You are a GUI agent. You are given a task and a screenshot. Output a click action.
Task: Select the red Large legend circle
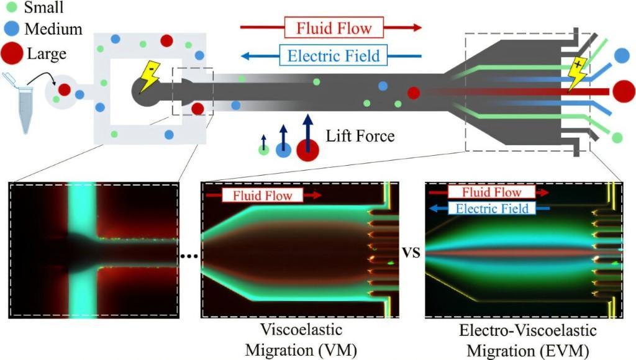tap(13, 53)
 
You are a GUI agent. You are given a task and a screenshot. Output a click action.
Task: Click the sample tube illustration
tap(23, 104)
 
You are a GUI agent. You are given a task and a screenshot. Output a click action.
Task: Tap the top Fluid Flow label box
tap(334, 28)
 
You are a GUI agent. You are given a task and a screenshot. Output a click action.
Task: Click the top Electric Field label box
tap(334, 56)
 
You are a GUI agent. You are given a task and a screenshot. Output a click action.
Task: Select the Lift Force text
tap(360, 135)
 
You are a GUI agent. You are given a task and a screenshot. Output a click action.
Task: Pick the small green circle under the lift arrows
tap(264, 150)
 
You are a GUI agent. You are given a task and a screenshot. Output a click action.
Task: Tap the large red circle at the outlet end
tap(623, 91)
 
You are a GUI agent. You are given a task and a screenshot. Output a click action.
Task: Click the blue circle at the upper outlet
tap(621, 55)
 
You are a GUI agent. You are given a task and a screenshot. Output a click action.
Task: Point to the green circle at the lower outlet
tap(617, 137)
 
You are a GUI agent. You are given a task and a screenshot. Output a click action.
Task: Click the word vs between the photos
tap(411, 253)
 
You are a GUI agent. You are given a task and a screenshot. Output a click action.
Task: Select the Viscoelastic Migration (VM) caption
tap(301, 339)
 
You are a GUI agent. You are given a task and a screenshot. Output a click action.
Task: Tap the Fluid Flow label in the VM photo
tap(267, 196)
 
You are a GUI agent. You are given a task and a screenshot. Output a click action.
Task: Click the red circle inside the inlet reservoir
tap(64, 89)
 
